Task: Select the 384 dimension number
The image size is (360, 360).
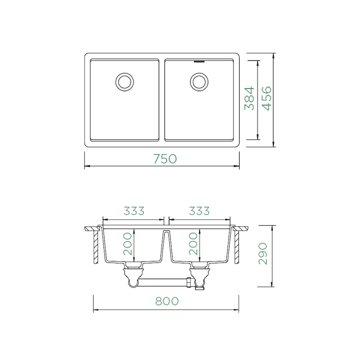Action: (250, 98)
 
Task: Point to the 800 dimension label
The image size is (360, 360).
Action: (165, 302)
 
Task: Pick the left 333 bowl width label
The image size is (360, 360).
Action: (133, 211)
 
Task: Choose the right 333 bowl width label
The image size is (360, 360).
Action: (198, 211)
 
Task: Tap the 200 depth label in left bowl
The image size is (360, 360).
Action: (128, 243)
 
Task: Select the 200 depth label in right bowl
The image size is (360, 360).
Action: (193, 243)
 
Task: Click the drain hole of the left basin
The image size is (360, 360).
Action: (123, 81)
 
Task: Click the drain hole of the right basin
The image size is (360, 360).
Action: (199, 81)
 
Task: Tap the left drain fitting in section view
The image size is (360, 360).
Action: (132, 274)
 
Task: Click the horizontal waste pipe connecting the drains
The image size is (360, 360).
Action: (165, 283)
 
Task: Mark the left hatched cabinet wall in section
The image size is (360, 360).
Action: (94, 247)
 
